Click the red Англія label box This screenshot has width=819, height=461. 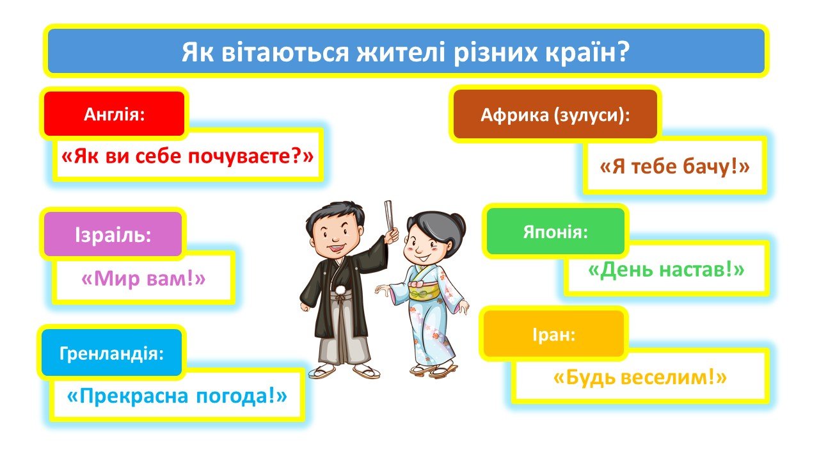pos(114,114)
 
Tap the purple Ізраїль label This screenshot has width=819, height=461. pos(113,234)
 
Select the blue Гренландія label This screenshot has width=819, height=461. pos(111,352)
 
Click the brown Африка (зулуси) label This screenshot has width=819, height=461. pos(555,114)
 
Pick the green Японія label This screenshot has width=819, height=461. pos(555,231)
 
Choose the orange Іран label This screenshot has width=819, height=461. pos(553,334)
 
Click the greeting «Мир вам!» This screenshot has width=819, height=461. pos(143,279)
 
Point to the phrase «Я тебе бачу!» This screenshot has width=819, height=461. pos(674,166)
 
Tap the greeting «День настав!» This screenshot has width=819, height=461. pos(666,270)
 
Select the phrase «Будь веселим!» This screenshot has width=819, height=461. pos(640,377)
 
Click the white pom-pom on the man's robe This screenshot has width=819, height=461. pos(340,291)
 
